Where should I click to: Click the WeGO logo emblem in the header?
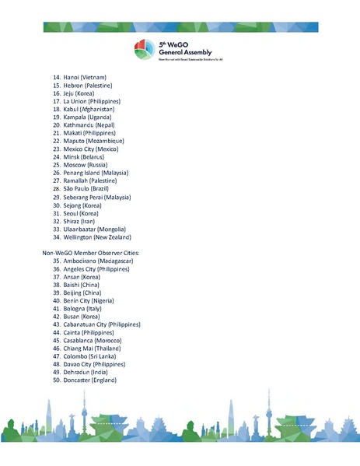[145, 48]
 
